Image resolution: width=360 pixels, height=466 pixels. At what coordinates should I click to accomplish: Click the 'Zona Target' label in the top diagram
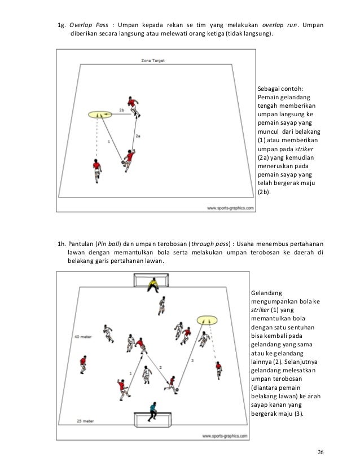tap(153, 60)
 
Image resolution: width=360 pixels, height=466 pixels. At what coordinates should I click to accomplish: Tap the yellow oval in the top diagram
tap(98, 115)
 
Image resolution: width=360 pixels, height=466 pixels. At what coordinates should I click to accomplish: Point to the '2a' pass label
tap(138, 136)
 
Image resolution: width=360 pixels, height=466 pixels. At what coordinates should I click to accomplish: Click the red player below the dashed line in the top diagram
tap(98, 170)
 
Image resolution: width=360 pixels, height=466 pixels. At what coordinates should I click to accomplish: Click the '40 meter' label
tap(82, 336)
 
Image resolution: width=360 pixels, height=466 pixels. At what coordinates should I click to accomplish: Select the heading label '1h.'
tap(62, 244)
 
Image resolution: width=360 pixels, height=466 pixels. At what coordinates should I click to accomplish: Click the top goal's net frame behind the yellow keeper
tap(151, 279)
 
